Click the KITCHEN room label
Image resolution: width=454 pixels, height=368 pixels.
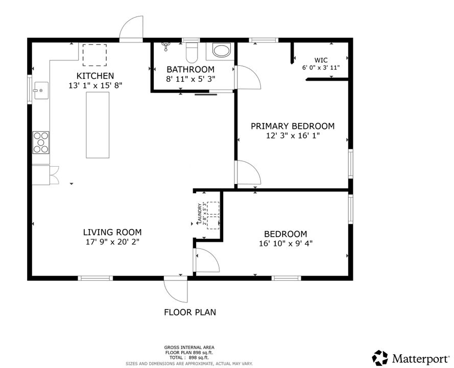95,76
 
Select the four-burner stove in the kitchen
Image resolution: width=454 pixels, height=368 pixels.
41,143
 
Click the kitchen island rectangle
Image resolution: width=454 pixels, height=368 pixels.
98,125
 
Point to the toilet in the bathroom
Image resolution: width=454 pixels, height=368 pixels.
192,52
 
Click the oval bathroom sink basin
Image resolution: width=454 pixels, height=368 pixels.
222,51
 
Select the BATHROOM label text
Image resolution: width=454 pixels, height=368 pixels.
190,70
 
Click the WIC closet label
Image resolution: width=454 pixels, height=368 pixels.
321,59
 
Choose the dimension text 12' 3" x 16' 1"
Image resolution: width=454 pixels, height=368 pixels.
293,136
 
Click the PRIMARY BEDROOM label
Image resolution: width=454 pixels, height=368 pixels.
293,126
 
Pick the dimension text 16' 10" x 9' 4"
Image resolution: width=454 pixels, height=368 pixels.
285,244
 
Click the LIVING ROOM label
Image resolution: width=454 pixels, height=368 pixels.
112,232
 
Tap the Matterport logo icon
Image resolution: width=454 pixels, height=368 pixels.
380,357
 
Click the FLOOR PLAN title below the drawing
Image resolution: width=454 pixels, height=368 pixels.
189,312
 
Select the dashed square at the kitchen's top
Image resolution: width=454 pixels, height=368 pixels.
94,55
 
